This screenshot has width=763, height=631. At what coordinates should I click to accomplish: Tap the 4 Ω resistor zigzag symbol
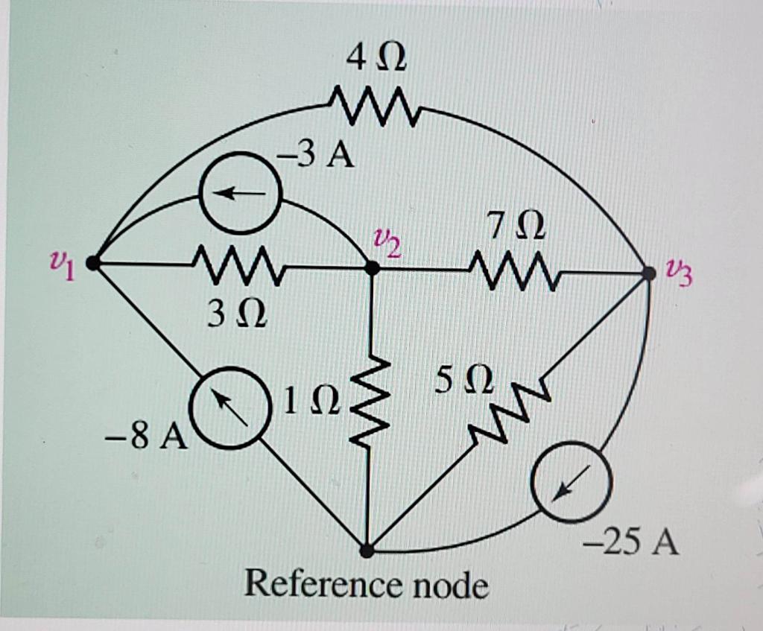pos(376,106)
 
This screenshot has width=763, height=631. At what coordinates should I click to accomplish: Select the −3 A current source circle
pos(241,194)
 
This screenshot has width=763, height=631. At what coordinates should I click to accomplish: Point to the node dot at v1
pos(92,263)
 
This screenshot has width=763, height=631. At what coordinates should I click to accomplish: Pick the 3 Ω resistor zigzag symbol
pos(236,267)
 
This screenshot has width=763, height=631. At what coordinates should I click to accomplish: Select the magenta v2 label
pos(387,241)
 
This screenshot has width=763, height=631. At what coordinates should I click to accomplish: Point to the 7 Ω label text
pos(516,226)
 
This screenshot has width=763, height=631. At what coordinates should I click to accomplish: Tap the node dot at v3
pos(649,273)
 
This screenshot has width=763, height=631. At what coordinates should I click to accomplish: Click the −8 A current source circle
pos(229,408)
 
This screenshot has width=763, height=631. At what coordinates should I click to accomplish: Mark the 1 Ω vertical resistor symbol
pos(370,403)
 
